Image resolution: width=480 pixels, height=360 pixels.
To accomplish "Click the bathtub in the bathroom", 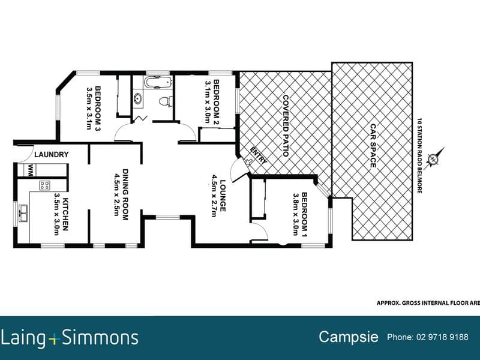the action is [158, 82].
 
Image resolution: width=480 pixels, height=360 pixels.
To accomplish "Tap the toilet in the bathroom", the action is [166, 101].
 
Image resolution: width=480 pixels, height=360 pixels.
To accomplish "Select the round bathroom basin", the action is [138, 98].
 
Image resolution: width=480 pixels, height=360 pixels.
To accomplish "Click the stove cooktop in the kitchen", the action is [44, 185].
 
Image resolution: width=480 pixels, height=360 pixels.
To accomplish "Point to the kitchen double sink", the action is [23, 213].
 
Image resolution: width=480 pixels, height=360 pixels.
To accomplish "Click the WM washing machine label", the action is [31, 170].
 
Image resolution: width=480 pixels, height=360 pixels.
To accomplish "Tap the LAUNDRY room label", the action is [52, 155].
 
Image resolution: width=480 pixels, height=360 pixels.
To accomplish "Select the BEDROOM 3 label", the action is [98, 109].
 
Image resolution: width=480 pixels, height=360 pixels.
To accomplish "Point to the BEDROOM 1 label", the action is [305, 214].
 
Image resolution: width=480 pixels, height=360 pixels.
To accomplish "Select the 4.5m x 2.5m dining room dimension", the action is [116, 194].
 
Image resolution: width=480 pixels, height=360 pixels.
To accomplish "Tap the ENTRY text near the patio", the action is [259, 155].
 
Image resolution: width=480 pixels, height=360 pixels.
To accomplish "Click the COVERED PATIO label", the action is [286, 125].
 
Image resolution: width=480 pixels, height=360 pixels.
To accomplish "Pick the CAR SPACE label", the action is [373, 146].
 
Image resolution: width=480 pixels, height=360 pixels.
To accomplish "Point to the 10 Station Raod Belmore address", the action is [419, 155].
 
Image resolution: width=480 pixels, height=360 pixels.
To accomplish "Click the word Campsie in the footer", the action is [349, 337].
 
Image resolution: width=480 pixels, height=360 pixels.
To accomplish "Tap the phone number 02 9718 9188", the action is [442, 337].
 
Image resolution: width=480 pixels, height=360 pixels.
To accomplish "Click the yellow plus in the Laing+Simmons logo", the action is [54, 339].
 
